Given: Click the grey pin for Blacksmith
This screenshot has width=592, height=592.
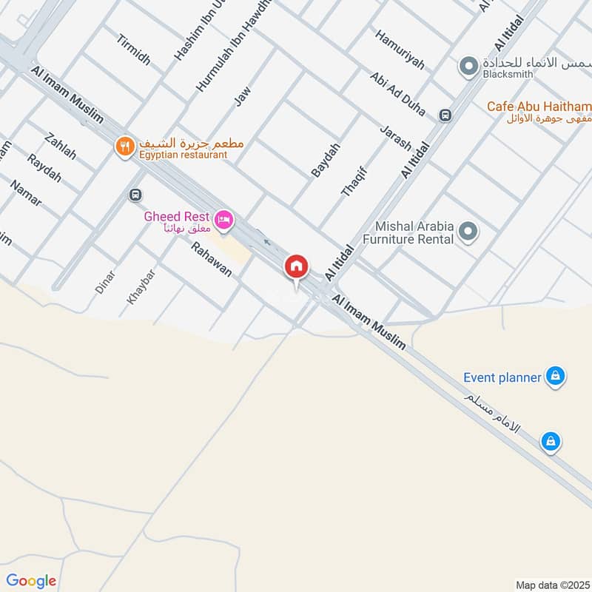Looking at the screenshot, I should (x=468, y=67).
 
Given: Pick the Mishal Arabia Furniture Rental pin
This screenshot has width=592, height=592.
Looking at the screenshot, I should (x=468, y=232).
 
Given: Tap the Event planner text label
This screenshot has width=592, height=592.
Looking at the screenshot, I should (x=502, y=377).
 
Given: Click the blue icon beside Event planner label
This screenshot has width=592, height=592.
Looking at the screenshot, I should (x=554, y=377).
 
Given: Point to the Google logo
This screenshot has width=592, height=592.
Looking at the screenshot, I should (x=31, y=580).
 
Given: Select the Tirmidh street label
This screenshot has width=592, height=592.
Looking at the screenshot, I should (x=133, y=49).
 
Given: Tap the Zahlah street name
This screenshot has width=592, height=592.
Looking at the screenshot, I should (x=61, y=146).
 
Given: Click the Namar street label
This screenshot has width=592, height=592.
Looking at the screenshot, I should (x=27, y=193).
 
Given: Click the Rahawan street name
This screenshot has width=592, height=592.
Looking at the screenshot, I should (x=211, y=260).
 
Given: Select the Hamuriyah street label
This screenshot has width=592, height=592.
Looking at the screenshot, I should (x=400, y=50).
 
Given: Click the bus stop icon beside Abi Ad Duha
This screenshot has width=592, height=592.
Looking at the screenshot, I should (x=445, y=115).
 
